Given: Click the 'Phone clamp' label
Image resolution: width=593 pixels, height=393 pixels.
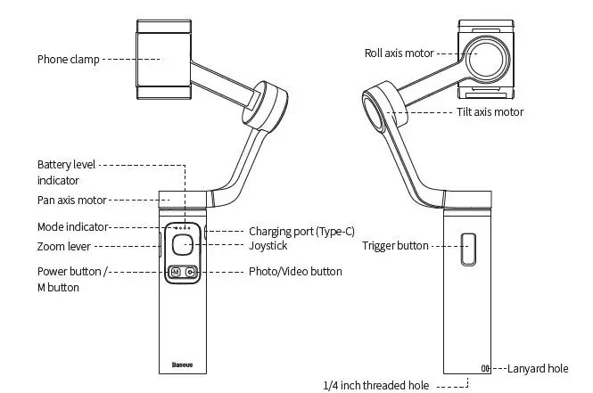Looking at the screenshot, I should [x=67, y=60].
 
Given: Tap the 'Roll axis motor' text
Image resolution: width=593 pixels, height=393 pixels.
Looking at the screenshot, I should [x=399, y=53].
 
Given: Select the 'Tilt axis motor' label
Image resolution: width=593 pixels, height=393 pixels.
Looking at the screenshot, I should [x=490, y=112].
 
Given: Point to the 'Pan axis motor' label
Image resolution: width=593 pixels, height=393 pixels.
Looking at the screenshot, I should [x=71, y=200].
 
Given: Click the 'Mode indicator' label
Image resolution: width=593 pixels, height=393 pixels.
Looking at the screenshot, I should [x=72, y=226].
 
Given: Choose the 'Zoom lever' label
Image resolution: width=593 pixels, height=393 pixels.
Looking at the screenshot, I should [x=63, y=247].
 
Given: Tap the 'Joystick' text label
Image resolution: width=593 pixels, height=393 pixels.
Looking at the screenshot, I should [x=268, y=245].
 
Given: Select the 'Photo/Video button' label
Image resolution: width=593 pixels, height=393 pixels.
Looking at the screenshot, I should [x=295, y=271].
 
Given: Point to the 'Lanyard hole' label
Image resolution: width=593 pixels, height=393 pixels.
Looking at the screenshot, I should [x=538, y=367].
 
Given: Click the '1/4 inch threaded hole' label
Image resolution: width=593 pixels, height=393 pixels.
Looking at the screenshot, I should [x=375, y=386].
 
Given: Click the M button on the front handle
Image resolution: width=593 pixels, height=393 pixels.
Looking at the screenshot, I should [x=175, y=272].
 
